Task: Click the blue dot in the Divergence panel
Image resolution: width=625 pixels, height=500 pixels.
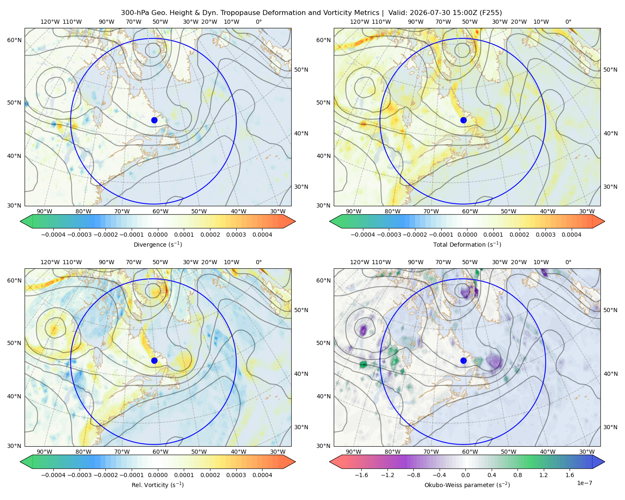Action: [154, 120]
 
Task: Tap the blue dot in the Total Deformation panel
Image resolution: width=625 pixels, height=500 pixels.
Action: [463, 120]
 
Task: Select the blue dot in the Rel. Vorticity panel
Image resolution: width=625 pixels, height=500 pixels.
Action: [154, 360]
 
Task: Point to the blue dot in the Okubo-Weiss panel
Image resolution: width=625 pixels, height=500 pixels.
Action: [463, 360]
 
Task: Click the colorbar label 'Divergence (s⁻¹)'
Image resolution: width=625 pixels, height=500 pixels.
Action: [157, 244]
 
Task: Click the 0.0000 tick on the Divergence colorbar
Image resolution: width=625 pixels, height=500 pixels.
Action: [157, 235]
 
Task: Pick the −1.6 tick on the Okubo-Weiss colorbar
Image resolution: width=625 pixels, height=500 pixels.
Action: [361, 475]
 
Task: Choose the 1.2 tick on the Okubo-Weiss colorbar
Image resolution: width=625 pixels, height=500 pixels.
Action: [543, 475]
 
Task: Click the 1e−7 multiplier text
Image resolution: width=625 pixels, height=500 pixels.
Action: [584, 483]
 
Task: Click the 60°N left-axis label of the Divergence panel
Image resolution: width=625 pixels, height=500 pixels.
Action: [14, 40]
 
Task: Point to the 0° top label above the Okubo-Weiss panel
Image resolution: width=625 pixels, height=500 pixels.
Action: [568, 262]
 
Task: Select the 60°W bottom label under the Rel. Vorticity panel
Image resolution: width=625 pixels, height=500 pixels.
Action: [160, 452]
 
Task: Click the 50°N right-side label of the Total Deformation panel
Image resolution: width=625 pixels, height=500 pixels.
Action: [610, 70]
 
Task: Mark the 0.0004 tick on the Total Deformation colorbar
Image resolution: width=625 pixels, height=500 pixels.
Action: [571, 235]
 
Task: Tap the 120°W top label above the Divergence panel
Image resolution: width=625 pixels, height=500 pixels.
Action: [50, 22]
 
